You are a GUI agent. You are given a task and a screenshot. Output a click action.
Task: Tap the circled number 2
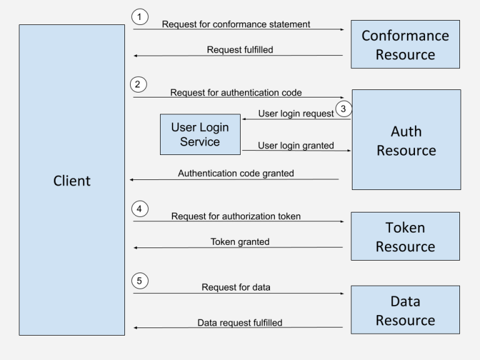[139, 84]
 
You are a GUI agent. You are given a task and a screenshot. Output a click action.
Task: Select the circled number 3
[343, 109]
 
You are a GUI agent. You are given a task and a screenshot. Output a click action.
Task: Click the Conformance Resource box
[405, 44]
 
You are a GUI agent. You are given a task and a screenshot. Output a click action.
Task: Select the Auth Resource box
[406, 140]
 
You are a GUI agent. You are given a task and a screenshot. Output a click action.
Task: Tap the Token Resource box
[405, 236]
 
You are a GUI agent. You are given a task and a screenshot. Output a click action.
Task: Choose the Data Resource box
[405, 311]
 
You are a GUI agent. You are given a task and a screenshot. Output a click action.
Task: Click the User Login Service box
[200, 134]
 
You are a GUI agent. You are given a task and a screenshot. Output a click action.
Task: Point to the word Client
[72, 181]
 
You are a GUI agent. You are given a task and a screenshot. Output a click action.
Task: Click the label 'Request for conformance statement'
[236, 25]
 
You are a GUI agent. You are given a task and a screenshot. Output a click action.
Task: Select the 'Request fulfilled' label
[240, 50]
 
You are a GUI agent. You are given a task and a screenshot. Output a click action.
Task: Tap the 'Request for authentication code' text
[236, 92]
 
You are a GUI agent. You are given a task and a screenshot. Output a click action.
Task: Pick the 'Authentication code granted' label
[236, 174]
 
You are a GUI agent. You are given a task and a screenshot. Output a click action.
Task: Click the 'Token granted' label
[240, 241]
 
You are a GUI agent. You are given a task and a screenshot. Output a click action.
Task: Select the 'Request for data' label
[236, 287]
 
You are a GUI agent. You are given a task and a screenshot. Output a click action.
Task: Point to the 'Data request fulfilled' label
[240, 323]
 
